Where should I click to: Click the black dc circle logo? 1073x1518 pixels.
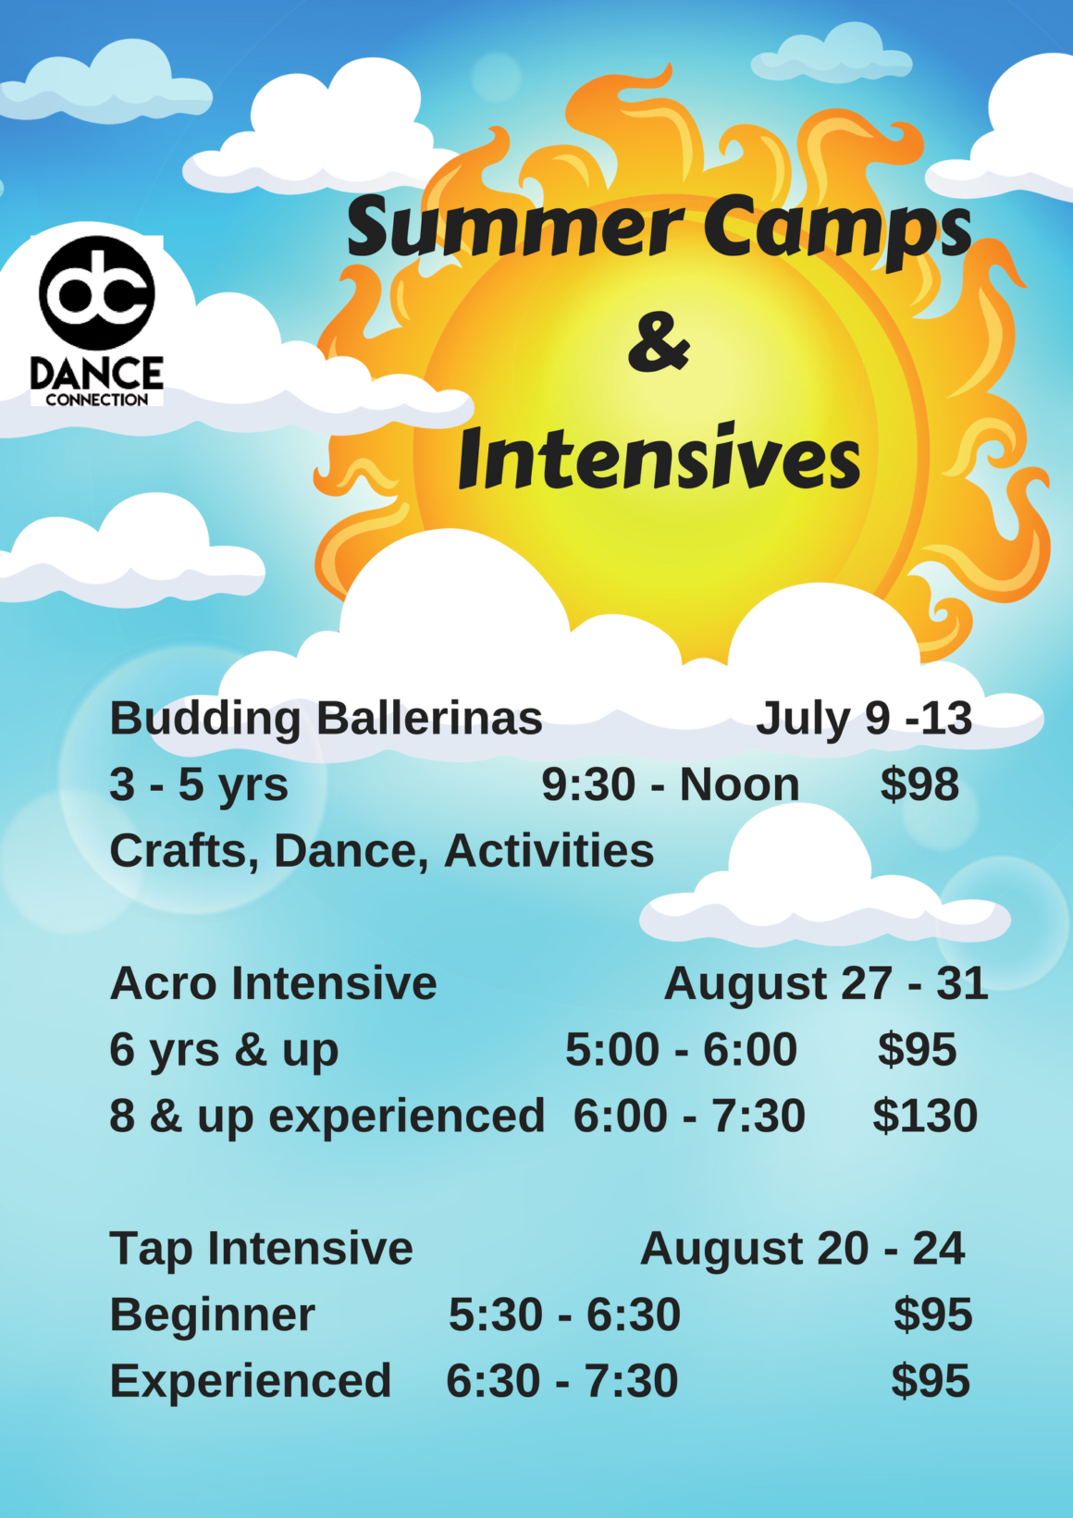tap(97, 292)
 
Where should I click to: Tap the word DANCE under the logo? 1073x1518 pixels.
tap(97, 373)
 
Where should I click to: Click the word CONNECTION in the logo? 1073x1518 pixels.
tap(97, 400)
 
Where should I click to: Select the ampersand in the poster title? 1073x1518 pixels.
tap(659, 343)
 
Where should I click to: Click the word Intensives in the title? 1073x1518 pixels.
tap(660, 456)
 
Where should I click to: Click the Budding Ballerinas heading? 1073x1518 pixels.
tap(326, 718)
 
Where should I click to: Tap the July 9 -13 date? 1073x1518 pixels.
tap(864, 718)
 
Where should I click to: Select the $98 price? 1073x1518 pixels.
tap(919, 784)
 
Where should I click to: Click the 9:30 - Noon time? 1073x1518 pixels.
tap(671, 784)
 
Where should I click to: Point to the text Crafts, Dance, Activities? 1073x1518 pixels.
tap(382, 850)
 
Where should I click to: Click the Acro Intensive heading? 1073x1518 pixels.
tap(273, 983)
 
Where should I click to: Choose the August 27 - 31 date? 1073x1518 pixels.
tap(826, 983)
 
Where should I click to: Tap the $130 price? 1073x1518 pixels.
tap(925, 1116)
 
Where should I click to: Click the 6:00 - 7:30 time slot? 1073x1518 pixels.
tap(689, 1116)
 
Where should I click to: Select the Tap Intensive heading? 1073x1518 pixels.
tap(262, 1248)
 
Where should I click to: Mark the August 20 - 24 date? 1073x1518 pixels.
tap(803, 1248)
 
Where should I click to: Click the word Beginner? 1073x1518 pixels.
tap(212, 1314)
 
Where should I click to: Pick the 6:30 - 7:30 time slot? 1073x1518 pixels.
tap(561, 1380)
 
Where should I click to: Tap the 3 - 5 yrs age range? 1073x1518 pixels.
tap(199, 784)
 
